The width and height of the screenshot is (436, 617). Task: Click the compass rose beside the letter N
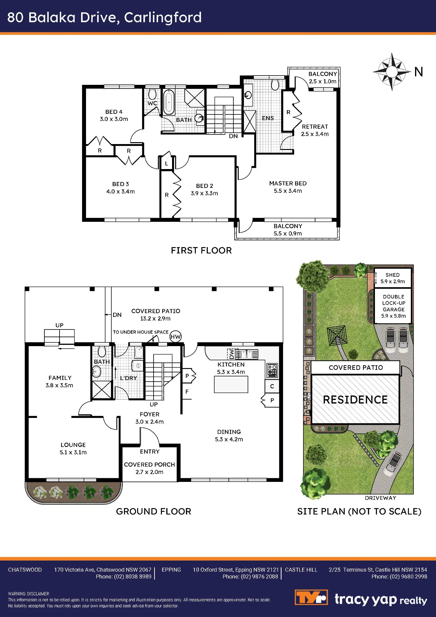pos(392,72)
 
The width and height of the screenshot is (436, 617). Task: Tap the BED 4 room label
pos(114,112)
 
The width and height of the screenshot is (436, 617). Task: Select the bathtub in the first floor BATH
pos(169,102)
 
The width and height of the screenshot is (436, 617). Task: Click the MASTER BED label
pos(288,183)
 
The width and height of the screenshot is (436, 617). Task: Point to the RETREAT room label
pos(315,126)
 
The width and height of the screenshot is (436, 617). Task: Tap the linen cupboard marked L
pos(167,163)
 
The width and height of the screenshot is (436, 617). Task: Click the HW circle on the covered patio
pos(175,337)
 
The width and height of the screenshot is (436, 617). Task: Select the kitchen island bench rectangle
pos(231,384)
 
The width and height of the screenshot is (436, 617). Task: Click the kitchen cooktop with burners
pos(272,371)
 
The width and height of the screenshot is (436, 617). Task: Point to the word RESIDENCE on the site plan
pos(355,400)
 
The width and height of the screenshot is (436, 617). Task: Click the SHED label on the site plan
pos(393,275)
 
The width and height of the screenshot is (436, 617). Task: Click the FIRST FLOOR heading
pos(201,250)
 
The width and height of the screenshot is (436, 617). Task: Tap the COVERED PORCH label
pos(150,465)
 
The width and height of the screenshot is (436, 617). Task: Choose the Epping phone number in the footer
pos(250,576)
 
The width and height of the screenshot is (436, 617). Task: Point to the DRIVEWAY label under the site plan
pos(380,498)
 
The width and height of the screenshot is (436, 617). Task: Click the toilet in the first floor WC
pos(152,94)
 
